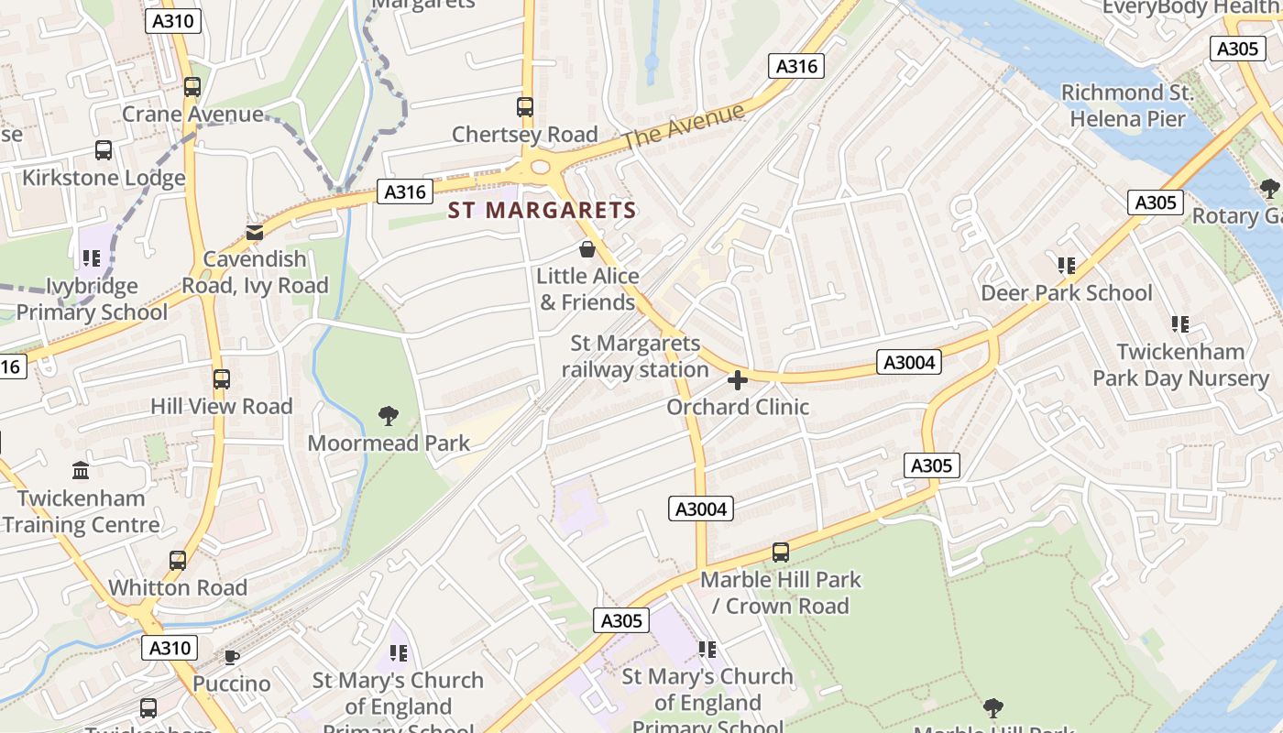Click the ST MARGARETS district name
click(x=542, y=210)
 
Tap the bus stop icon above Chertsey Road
click(x=524, y=107)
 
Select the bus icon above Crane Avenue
click(x=192, y=87)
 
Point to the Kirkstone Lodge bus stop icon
click(x=104, y=150)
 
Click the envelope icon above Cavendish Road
click(x=254, y=233)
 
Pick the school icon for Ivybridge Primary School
click(x=91, y=259)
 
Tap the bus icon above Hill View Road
click(x=221, y=379)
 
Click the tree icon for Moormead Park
click(x=389, y=416)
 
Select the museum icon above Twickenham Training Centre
click(x=81, y=471)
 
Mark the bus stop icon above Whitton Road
click(x=178, y=561)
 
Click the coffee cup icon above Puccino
click(x=232, y=657)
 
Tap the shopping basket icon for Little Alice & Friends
click(x=587, y=249)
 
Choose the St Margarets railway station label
click(x=635, y=356)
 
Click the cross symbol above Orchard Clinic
click(x=738, y=379)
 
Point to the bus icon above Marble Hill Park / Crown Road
click(x=781, y=552)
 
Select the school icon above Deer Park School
click(x=1067, y=266)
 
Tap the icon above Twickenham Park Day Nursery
click(x=1180, y=324)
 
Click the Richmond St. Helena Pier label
click(x=1127, y=105)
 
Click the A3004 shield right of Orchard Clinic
click(x=908, y=362)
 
